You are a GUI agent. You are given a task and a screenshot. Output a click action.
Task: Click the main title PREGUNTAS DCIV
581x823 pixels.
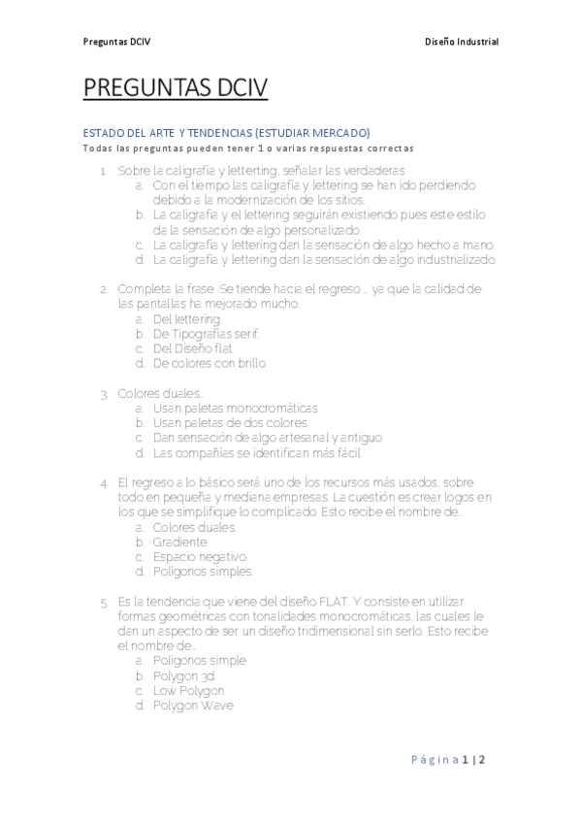click(x=175, y=89)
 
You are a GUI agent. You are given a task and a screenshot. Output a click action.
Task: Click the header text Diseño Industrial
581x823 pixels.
click(x=462, y=42)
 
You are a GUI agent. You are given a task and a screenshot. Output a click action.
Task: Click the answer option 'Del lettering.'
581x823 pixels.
click(x=187, y=319)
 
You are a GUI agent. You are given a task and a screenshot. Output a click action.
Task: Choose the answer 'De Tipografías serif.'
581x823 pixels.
click(x=206, y=334)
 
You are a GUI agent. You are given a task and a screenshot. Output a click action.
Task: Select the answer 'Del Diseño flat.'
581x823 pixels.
click(x=193, y=348)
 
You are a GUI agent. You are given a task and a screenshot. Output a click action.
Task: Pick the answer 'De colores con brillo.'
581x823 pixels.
click(x=210, y=363)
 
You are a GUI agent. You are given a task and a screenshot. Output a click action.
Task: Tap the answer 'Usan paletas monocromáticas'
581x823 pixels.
click(x=235, y=408)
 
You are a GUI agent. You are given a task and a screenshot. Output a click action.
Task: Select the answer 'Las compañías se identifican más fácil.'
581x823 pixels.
click(x=256, y=452)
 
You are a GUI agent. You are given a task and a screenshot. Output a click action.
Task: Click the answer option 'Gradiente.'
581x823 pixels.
click(x=180, y=542)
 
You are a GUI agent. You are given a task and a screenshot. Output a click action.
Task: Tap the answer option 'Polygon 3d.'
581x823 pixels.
click(x=184, y=675)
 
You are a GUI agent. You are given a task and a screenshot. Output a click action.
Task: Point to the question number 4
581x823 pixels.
click(x=104, y=482)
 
